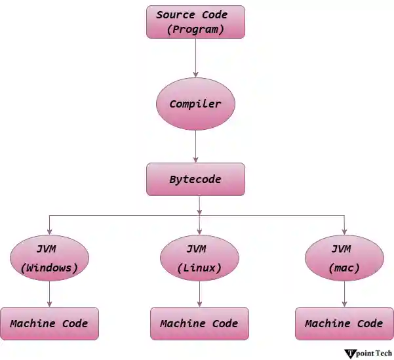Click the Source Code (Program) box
pyautogui.click(x=195, y=22)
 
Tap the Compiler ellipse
pyautogui.click(x=195, y=104)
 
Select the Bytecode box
pyautogui.click(x=195, y=179)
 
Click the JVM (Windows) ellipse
pyautogui.click(x=50, y=258)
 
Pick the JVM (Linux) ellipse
pyautogui.click(x=199, y=258)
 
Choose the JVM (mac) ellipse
pyautogui.click(x=344, y=258)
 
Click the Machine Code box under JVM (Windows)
pyautogui.click(x=49, y=323)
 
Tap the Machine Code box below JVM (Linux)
pyautogui.click(x=199, y=323)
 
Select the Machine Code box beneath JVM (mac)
pyautogui.click(x=344, y=323)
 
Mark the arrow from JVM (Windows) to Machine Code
pyautogui.click(x=50, y=293)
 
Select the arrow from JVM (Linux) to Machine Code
pyautogui.click(x=199, y=293)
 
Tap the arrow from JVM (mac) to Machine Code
pyautogui.click(x=344, y=293)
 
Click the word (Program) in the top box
pyautogui.click(x=195, y=30)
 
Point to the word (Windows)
pyautogui.click(x=50, y=268)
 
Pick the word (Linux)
pyautogui.click(x=199, y=268)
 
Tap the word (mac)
pyautogui.click(x=344, y=268)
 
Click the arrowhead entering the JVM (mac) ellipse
pyautogui.click(x=344, y=231)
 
